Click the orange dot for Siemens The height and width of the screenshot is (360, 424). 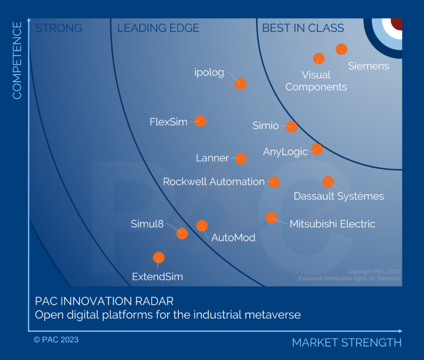pyautogui.click(x=341, y=49)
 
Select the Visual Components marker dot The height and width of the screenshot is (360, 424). pyautogui.click(x=319, y=59)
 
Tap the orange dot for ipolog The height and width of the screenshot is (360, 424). pyautogui.click(x=240, y=84)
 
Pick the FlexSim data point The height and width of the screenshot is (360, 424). pyautogui.click(x=200, y=121)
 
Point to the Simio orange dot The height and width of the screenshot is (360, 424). pyautogui.click(x=291, y=126)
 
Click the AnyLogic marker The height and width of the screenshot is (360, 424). pyautogui.click(x=316, y=149)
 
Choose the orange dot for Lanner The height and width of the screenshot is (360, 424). pyautogui.click(x=240, y=159)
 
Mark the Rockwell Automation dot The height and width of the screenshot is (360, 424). pyautogui.click(x=274, y=182)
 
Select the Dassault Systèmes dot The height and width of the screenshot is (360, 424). pyautogui.click(x=328, y=182)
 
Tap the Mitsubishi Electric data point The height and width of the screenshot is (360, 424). pyautogui.click(x=271, y=218)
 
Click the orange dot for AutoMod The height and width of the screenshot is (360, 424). pyautogui.click(x=202, y=225)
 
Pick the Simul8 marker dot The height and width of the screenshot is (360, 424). pyautogui.click(x=182, y=233)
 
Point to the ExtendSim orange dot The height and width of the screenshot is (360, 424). pyautogui.click(x=158, y=257)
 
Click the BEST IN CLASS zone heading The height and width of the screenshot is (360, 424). pyautogui.click(x=303, y=28)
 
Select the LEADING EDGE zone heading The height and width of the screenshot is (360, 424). pyautogui.click(x=158, y=28)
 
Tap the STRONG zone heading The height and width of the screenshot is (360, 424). pyautogui.click(x=59, y=28)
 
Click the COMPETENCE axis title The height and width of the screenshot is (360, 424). pyautogui.click(x=17, y=61)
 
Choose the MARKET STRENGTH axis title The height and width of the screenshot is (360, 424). pyautogui.click(x=347, y=343)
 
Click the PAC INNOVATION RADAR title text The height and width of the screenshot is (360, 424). pyautogui.click(x=104, y=301)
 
